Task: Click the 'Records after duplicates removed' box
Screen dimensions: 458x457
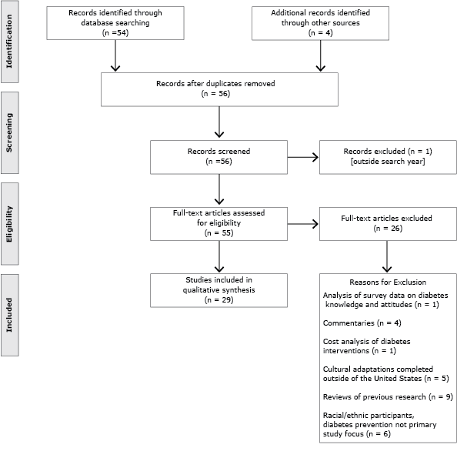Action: coord(220,88)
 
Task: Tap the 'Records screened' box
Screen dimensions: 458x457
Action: coord(220,159)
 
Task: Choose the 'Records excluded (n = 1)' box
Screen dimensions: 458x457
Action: coord(387,159)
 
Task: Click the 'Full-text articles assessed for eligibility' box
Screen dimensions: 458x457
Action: coord(220,223)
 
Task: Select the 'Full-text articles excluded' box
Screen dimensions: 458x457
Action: coord(387,223)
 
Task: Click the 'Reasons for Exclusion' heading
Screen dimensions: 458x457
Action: coord(387,282)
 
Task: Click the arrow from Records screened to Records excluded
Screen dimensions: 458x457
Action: coord(303,159)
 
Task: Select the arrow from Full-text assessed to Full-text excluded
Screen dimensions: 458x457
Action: coord(303,224)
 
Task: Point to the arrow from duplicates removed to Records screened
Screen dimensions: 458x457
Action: coord(220,122)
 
